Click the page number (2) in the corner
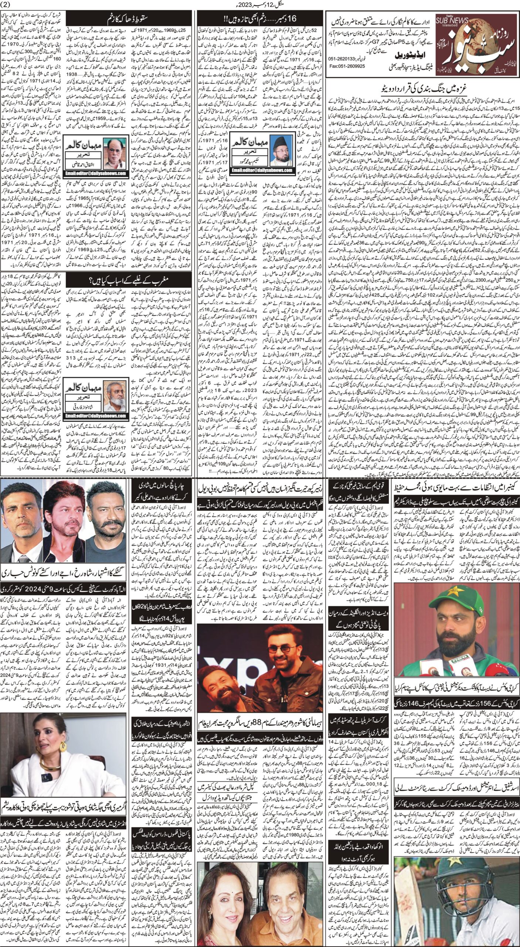point(7,4)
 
